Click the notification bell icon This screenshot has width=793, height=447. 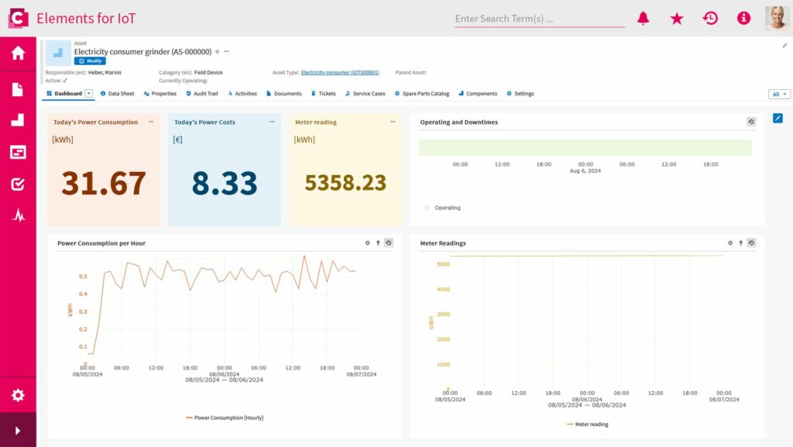tap(643, 19)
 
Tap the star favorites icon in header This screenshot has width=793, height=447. tap(677, 19)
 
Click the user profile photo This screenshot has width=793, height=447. tap(777, 18)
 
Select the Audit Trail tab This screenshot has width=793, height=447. tap(202, 94)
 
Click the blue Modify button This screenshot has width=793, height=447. tap(90, 60)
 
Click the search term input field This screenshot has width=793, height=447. tap(539, 19)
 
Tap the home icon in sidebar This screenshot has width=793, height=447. tap(18, 53)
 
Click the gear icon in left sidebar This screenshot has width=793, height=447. tap(18, 395)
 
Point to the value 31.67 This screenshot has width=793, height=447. tap(104, 183)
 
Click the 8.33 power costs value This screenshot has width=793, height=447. tap(225, 183)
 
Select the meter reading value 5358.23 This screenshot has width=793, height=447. tap(345, 183)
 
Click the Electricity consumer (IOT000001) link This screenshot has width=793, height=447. tap(340, 73)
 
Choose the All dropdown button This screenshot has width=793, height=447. tap(779, 95)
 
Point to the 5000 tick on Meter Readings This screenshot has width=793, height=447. tap(443, 264)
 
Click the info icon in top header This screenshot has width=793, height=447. tap(743, 19)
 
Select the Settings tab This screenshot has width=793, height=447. tap(520, 94)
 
